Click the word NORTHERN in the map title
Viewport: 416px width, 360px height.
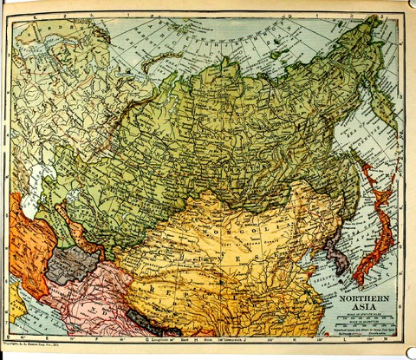(361, 298)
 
